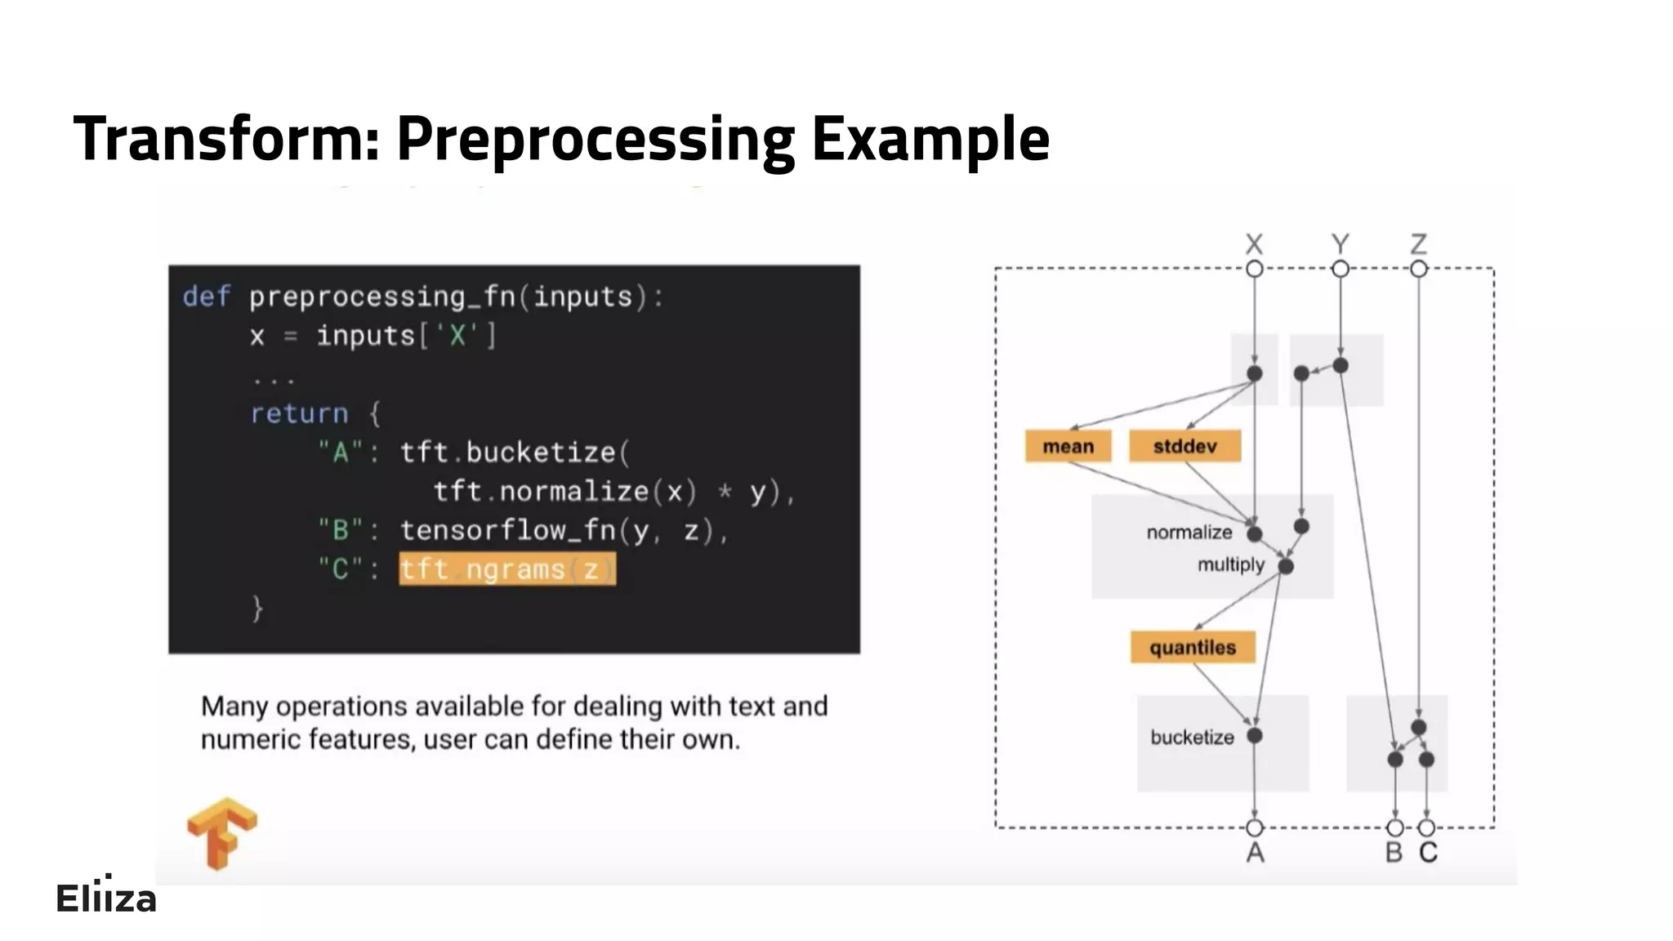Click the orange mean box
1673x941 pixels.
click(x=1068, y=446)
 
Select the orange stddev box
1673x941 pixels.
click(x=1184, y=446)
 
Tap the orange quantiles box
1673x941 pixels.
click(x=1192, y=647)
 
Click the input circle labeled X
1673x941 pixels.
click(x=1254, y=269)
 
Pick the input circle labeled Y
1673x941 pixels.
click(x=1340, y=269)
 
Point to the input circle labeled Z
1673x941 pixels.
click(x=1418, y=269)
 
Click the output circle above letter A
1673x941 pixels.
click(x=1255, y=827)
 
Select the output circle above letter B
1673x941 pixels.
click(x=1394, y=828)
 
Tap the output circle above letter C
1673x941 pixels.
click(x=1426, y=828)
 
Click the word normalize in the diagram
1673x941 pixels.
click(x=1189, y=533)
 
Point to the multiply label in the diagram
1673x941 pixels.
click(x=1230, y=564)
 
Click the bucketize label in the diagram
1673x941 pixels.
click(x=1192, y=737)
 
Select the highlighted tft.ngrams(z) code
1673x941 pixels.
click(x=506, y=569)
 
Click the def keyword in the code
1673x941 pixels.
click(x=206, y=296)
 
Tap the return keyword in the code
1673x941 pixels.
click(x=299, y=413)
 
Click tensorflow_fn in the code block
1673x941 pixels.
click(x=507, y=531)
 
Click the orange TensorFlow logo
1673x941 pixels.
click(x=221, y=832)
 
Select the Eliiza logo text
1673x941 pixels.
click(x=105, y=898)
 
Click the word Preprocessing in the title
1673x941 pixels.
click(x=596, y=139)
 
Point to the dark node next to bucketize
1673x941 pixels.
click(x=1255, y=735)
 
